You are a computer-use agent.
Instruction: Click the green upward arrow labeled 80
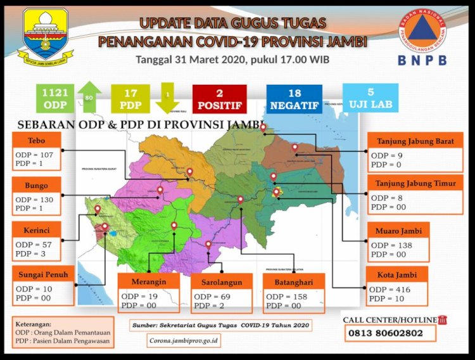click(x=90, y=97)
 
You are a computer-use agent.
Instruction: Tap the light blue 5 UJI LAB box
click(x=370, y=98)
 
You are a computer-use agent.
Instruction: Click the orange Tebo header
click(x=36, y=140)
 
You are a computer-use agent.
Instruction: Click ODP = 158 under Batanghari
click(x=288, y=297)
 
